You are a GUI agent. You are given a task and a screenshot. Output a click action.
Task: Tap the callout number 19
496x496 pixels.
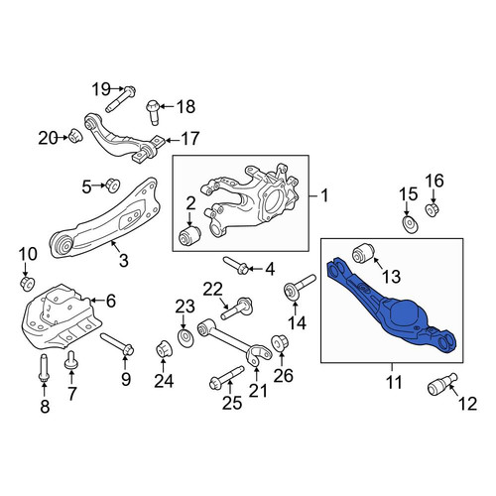(101, 89)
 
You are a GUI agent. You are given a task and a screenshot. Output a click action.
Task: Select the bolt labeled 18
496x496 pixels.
(153, 112)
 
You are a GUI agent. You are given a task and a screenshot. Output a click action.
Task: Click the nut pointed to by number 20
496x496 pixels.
(75, 136)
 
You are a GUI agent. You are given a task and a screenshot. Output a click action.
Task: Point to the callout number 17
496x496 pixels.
(189, 139)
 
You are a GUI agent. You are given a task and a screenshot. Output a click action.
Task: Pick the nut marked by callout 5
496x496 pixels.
(112, 186)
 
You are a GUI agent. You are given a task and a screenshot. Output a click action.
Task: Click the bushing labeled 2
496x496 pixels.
(187, 235)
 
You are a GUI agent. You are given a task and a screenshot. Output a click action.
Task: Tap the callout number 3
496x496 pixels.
(123, 260)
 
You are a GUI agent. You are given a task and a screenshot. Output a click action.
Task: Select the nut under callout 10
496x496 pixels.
(28, 284)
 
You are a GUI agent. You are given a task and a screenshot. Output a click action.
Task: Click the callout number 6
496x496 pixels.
(111, 301)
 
